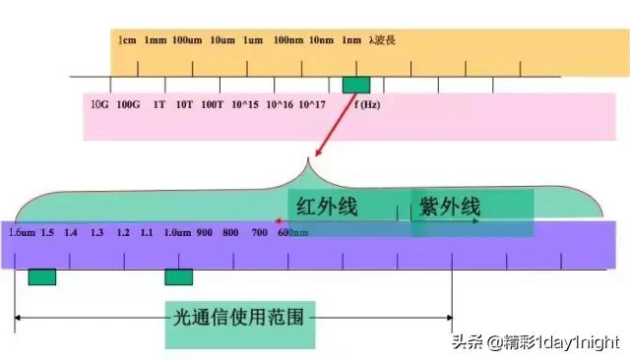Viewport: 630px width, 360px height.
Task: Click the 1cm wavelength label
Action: click(126, 40)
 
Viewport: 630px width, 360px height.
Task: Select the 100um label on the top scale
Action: click(187, 40)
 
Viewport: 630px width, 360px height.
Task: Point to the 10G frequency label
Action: click(99, 104)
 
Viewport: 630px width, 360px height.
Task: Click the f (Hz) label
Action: click(367, 104)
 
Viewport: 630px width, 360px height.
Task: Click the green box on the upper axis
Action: click(356, 86)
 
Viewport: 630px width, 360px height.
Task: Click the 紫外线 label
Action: click(450, 207)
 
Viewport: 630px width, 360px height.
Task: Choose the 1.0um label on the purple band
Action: click(177, 232)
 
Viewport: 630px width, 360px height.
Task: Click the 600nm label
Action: click(292, 232)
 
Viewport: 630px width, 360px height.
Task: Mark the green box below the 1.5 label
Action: click(42, 277)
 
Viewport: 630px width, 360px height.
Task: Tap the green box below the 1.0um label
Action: click(178, 277)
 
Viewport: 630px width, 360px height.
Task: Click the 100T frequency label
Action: click(213, 104)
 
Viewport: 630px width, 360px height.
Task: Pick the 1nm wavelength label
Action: click(352, 40)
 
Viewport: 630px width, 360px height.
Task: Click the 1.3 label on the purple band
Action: click(96, 232)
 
